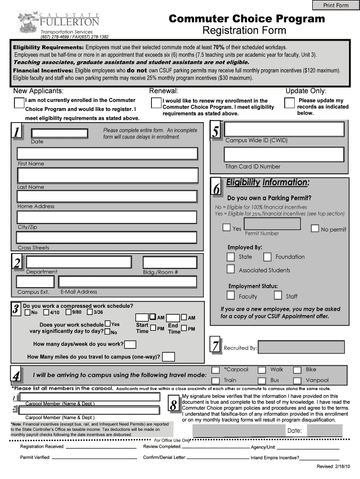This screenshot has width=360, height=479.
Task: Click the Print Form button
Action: [x=336, y=5]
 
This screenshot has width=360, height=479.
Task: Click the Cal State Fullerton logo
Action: [x=59, y=22]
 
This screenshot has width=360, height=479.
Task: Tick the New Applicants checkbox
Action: [x=19, y=103]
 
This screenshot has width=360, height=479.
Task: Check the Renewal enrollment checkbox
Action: [x=156, y=103]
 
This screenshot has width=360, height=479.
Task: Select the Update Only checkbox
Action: [x=289, y=103]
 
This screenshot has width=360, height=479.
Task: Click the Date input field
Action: [x=59, y=133]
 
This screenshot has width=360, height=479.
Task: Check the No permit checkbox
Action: [x=315, y=228]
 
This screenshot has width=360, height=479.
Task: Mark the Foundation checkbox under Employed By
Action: [x=267, y=257]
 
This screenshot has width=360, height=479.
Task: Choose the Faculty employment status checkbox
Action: [x=230, y=295]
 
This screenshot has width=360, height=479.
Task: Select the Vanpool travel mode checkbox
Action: [x=297, y=381]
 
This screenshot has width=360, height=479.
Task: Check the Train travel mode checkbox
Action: [x=216, y=381]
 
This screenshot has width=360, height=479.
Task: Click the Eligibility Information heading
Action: [x=267, y=182]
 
